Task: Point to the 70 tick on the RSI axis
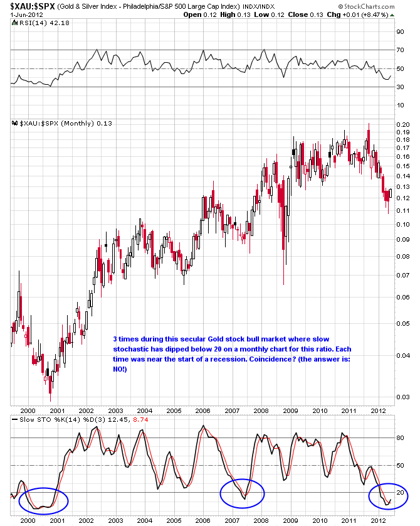tap(398, 49)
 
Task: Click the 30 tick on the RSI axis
tap(398, 87)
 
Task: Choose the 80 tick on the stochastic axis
tap(398, 438)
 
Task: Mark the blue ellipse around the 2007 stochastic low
tap(243, 493)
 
